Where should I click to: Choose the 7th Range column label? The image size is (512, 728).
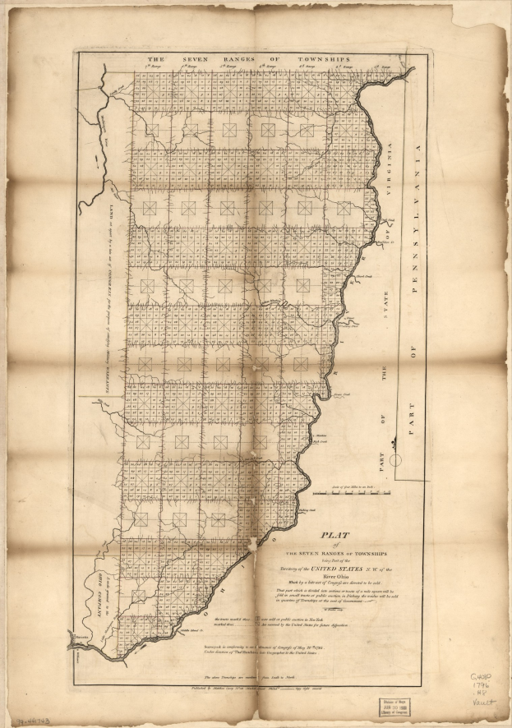click(146, 70)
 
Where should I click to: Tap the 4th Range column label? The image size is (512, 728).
click(261, 70)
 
